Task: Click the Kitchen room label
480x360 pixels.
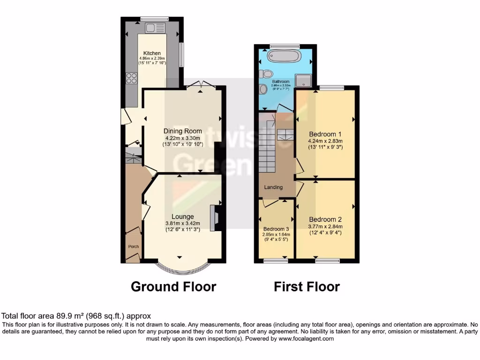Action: pos(152,53)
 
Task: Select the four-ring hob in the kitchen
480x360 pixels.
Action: pos(131,78)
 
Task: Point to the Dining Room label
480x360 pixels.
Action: pos(182,131)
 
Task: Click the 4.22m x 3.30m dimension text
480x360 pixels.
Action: pos(182,138)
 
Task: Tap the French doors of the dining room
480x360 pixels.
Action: pos(201,84)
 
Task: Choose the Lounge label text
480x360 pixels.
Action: pos(182,217)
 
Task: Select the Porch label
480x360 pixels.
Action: pos(134,247)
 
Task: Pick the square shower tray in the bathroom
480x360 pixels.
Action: pos(303,81)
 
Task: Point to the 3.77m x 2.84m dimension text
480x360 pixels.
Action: pos(325,226)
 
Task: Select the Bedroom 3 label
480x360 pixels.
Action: pos(276,229)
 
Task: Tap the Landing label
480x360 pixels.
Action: pos(273,187)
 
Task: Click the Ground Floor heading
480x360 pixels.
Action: pos(173,286)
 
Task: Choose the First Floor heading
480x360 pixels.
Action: pos(307,286)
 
